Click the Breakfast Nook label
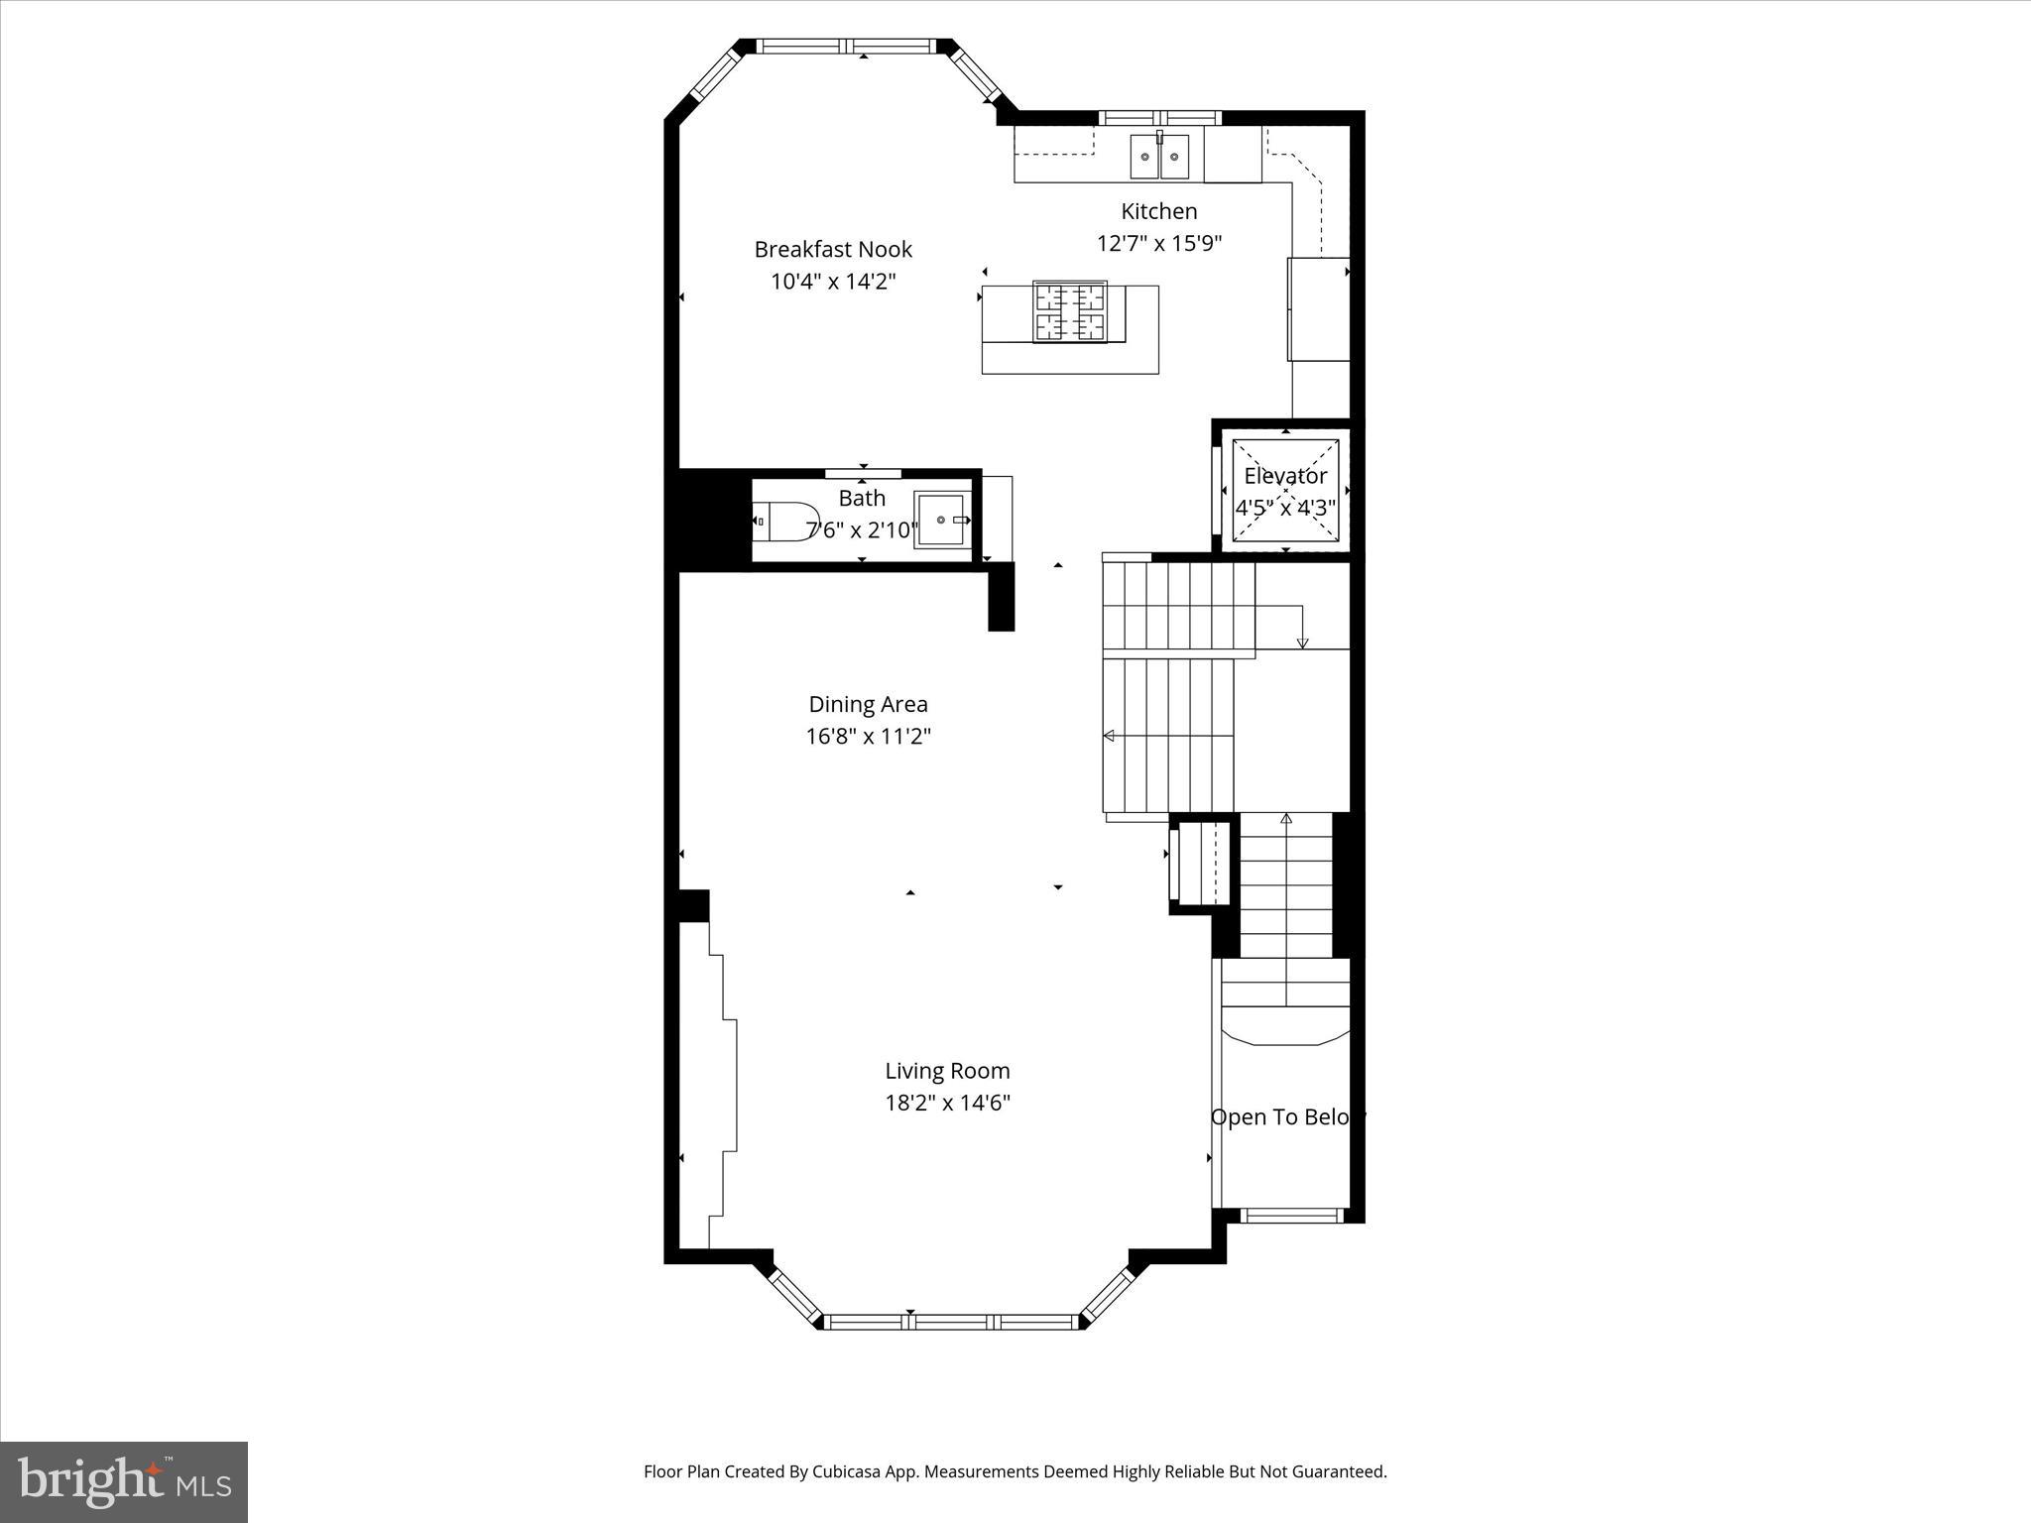click(x=833, y=250)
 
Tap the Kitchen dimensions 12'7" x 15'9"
click(x=1158, y=243)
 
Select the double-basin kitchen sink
click(x=1159, y=157)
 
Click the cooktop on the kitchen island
click(x=1070, y=311)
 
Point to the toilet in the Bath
click(x=783, y=521)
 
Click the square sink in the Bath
click(x=939, y=520)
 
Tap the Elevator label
click(x=1285, y=476)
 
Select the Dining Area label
click(x=868, y=704)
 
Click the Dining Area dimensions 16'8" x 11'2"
click(x=868, y=737)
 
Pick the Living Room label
click(x=947, y=1071)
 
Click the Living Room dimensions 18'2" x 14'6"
click(x=947, y=1103)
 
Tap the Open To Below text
click(x=1287, y=1117)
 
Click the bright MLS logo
click(x=124, y=1482)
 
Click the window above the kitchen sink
click(x=1159, y=118)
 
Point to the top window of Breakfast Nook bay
click(x=848, y=46)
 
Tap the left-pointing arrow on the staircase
click(x=1110, y=736)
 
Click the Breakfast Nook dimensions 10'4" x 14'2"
click(x=833, y=282)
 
